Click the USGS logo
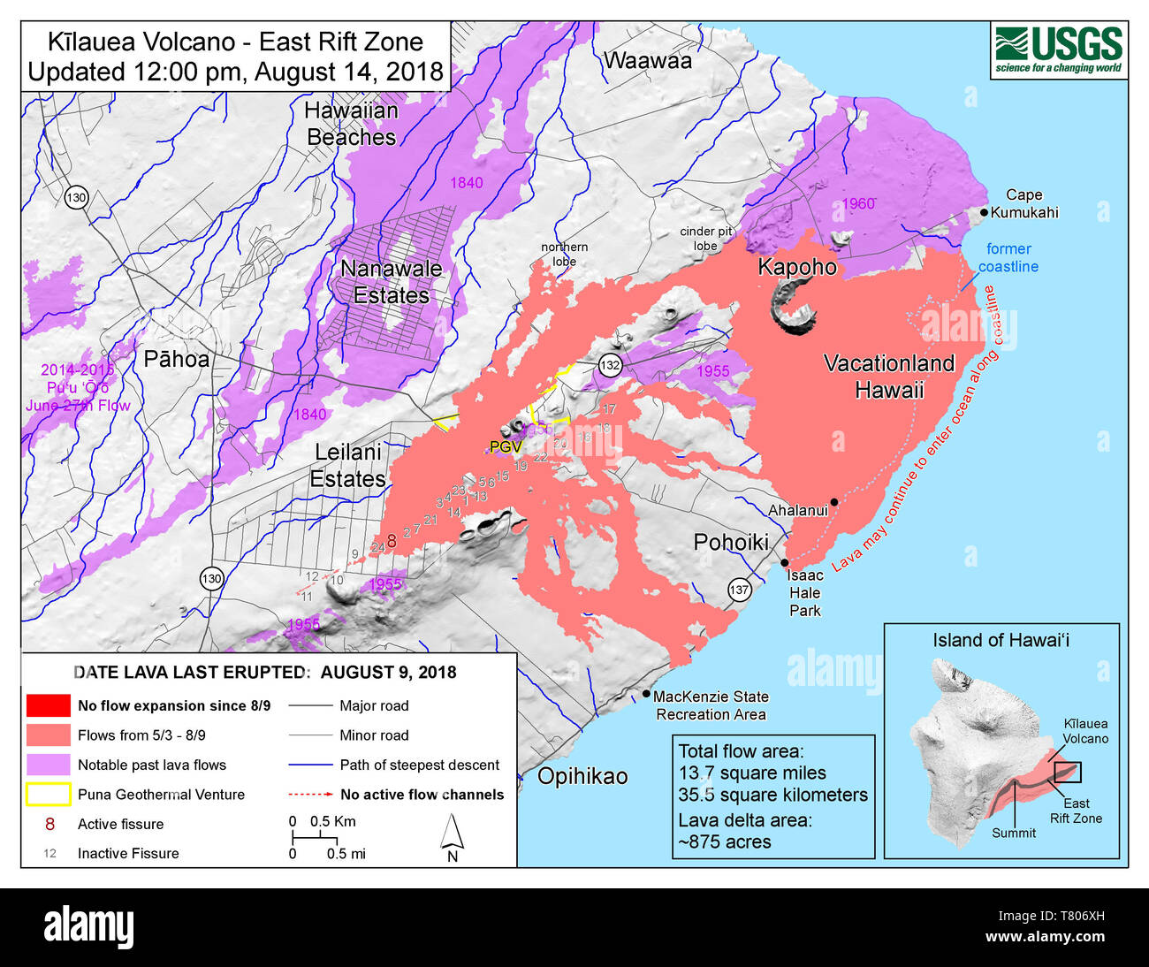click(x=1058, y=49)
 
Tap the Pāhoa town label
click(x=177, y=359)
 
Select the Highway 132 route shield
click(x=610, y=364)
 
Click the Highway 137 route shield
click(x=739, y=590)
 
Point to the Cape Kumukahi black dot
click(x=984, y=212)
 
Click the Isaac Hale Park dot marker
click(x=785, y=562)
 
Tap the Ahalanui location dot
click(x=834, y=501)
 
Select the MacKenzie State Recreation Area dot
click(x=646, y=695)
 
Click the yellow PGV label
click(x=505, y=447)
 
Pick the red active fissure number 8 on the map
click(x=392, y=540)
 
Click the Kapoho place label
click(x=797, y=266)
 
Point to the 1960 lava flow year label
click(x=857, y=203)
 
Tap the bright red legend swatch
click(x=49, y=705)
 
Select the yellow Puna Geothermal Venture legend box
click(x=49, y=794)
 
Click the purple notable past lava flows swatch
click(x=49, y=765)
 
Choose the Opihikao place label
click(x=582, y=776)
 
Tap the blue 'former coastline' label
click(x=1008, y=258)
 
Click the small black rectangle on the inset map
click(x=1067, y=773)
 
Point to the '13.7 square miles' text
click(x=751, y=773)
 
